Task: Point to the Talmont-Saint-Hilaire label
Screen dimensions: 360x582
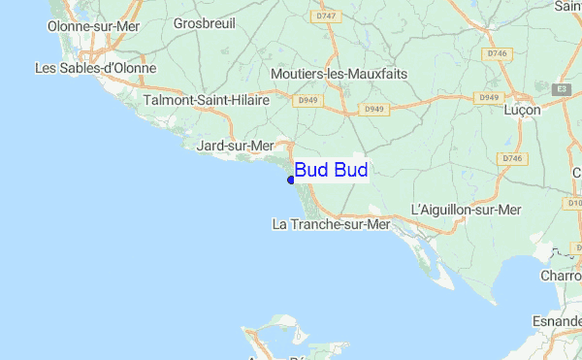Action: point(205,100)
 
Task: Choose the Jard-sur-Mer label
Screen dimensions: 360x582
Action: point(236,146)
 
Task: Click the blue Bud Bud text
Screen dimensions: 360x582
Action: point(331,171)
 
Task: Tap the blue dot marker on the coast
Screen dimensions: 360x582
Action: point(291,179)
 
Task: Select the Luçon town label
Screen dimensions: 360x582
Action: point(523,111)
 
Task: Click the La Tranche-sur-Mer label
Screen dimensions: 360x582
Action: point(331,224)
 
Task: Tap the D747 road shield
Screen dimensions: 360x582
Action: point(324,16)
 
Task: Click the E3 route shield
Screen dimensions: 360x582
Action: point(561,89)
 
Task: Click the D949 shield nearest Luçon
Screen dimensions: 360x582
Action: point(488,97)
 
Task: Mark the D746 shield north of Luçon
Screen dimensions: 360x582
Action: point(498,53)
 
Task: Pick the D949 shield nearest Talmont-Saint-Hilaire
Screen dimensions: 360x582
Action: point(308,100)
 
